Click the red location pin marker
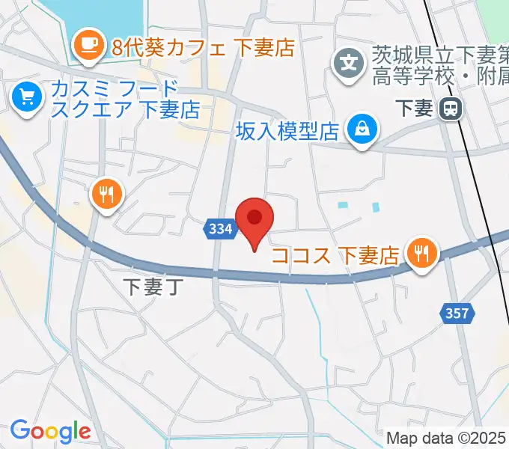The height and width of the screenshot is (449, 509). pyautogui.click(x=254, y=219)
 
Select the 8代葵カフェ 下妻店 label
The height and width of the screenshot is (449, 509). pyautogui.click(x=202, y=48)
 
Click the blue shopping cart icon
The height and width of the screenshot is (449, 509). pyautogui.click(x=28, y=97)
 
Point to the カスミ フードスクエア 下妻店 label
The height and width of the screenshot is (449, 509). pyautogui.click(x=124, y=100)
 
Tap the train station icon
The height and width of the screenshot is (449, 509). pyautogui.click(x=451, y=109)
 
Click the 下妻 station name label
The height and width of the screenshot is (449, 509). pyautogui.click(x=412, y=109)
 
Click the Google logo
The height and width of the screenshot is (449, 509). pyautogui.click(x=49, y=431)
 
